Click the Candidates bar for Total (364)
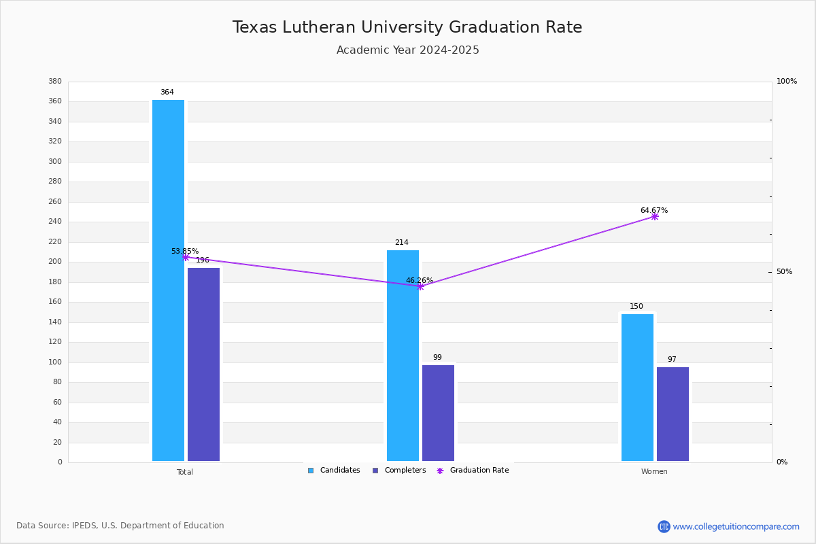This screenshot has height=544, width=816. (x=168, y=280)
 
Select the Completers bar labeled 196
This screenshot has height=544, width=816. (x=203, y=364)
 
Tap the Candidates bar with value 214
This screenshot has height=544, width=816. (x=403, y=356)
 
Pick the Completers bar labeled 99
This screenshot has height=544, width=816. (x=438, y=413)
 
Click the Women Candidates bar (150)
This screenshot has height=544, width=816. (x=637, y=388)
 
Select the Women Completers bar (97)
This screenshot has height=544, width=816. (x=673, y=414)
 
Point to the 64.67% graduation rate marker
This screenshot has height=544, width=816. (x=654, y=216)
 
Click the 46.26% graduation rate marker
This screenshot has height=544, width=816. (x=420, y=286)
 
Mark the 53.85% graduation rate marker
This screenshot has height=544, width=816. (x=185, y=257)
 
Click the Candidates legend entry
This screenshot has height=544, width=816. (x=334, y=471)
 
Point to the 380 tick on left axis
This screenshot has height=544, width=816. (x=55, y=82)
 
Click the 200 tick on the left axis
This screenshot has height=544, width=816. (x=55, y=262)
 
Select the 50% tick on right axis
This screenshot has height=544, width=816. (x=784, y=272)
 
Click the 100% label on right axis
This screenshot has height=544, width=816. (x=786, y=82)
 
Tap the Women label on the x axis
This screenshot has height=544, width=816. (x=654, y=472)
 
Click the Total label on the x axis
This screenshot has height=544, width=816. (x=185, y=472)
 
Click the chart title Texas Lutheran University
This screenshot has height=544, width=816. (x=407, y=27)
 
